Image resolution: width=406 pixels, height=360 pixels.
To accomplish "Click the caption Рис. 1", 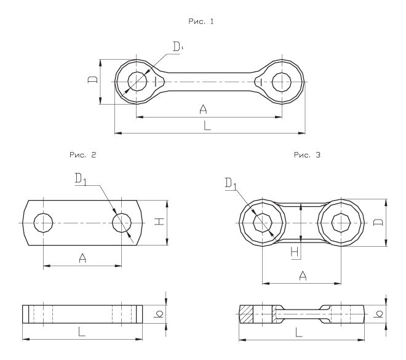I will click(x=203, y=22).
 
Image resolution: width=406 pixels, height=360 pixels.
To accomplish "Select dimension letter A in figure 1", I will click(x=203, y=110).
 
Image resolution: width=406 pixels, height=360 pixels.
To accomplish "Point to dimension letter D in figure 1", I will click(x=92, y=82).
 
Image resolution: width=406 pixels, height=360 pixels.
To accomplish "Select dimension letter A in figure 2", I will click(x=82, y=259).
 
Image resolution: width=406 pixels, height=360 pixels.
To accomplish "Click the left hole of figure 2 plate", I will click(x=43, y=223).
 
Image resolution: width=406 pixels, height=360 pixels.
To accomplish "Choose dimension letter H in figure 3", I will click(x=294, y=251).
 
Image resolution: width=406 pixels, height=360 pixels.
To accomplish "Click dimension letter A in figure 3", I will click(x=302, y=276).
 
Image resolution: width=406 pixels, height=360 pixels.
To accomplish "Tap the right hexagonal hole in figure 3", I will click(x=341, y=222).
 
